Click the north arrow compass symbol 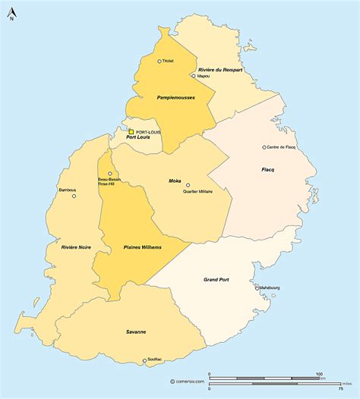pyautogui.click(x=11, y=13)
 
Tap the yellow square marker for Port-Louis pyautogui.click(x=131, y=131)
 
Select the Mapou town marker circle pyautogui.click(x=193, y=76)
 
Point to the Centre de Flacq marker pyautogui.click(x=264, y=147)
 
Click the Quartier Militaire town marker pyautogui.click(x=188, y=185)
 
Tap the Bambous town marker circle pyautogui.click(x=74, y=196)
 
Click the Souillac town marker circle pyautogui.click(x=144, y=361)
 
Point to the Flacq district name pyautogui.click(x=267, y=170)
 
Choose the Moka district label pyautogui.click(x=175, y=181)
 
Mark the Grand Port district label pyautogui.click(x=216, y=280)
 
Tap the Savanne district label pyautogui.click(x=136, y=332)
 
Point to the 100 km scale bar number pyautogui.click(x=319, y=375)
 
